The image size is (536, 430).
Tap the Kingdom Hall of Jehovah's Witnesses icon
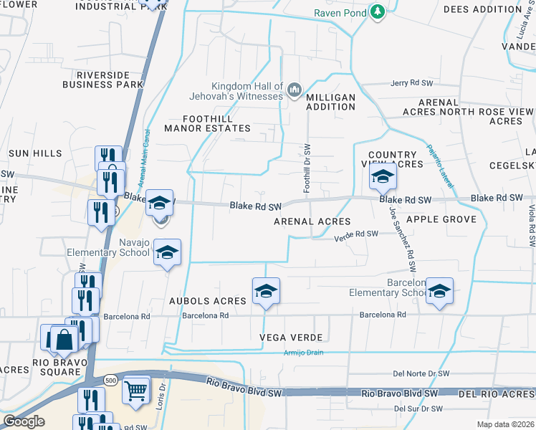coord(294,90)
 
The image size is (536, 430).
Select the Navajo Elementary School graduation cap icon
coord(167,253)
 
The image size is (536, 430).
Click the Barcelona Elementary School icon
coord(440,290)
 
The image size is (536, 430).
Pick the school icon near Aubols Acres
coord(266,291)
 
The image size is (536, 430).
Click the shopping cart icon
coord(135,390)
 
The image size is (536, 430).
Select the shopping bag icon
coord(64,339)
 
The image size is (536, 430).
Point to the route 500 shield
coord(110,379)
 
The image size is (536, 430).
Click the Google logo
coord(24,421)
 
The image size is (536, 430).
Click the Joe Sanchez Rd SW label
coord(402,239)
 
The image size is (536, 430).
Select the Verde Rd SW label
coord(356,234)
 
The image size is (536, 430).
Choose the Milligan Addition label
coord(330,102)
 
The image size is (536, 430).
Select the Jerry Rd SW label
coord(412,83)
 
